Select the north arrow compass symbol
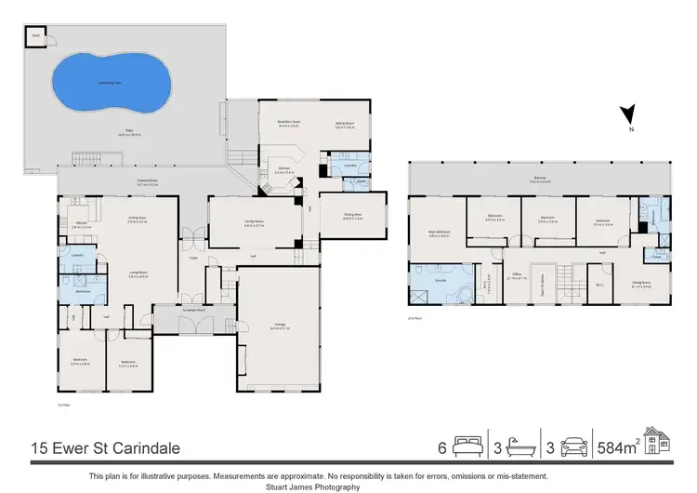pos(628,117)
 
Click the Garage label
pos(279,326)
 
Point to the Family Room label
pos(255,222)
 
